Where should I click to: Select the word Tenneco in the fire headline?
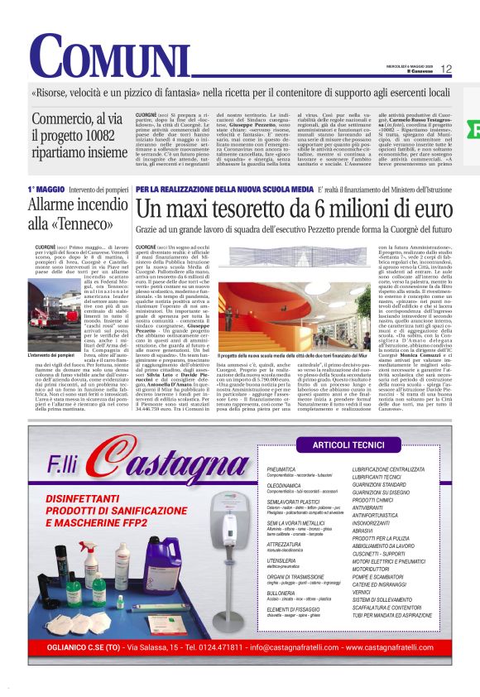click(84, 224)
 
